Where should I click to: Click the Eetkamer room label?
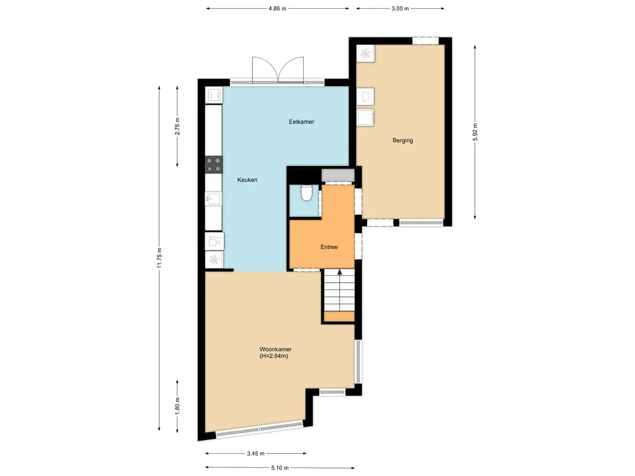click(x=301, y=122)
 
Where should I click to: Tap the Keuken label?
click(x=247, y=180)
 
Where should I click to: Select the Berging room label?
click(x=402, y=141)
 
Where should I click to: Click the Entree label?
click(x=329, y=247)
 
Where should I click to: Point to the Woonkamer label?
click(x=276, y=350)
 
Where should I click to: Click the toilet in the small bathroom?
click(x=306, y=194)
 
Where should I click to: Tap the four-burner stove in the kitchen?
click(x=214, y=164)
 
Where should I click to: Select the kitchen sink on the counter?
click(x=213, y=200)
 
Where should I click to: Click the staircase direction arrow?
click(x=339, y=273)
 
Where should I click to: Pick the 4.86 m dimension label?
click(x=277, y=9)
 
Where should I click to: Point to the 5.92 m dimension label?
click(x=476, y=132)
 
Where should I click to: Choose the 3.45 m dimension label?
click(x=255, y=454)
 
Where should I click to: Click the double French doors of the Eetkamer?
click(x=278, y=71)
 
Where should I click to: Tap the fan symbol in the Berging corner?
click(x=365, y=54)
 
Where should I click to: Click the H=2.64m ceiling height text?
click(x=273, y=357)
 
